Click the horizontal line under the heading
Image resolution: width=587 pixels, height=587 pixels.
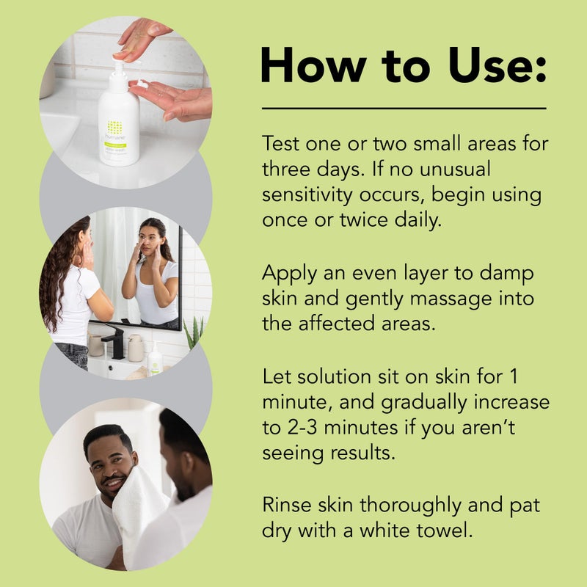pyautogui.click(x=404, y=109)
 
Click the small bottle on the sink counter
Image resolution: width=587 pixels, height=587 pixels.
pyautogui.click(x=156, y=360)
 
